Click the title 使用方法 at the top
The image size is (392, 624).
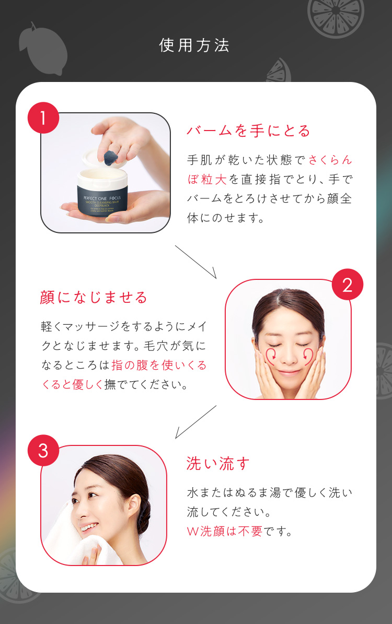pyautogui.click(x=194, y=45)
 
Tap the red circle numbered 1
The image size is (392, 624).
pyautogui.click(x=43, y=118)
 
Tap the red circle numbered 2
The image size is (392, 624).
pyautogui.click(x=347, y=285)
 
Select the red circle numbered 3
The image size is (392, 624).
pyautogui.click(x=43, y=450)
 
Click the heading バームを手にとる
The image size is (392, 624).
pyautogui.click(x=248, y=131)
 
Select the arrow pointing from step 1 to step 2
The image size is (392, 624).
pyautogui.click(x=195, y=262)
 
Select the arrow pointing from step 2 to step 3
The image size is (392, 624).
pyautogui.click(x=195, y=421)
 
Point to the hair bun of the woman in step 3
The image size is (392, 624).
pyautogui.click(x=143, y=509)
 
